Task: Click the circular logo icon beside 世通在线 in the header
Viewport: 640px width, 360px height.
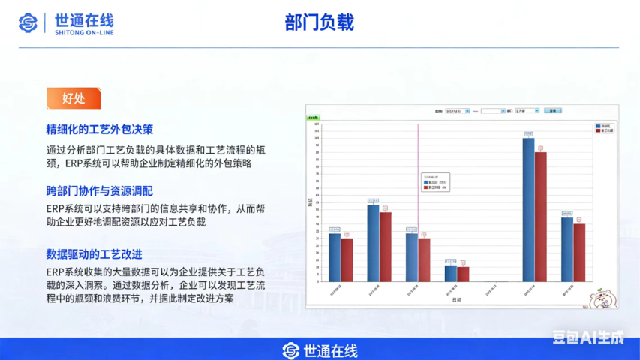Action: pyautogui.click(x=28, y=23)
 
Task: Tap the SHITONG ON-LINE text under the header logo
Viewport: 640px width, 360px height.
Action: pyautogui.click(x=84, y=31)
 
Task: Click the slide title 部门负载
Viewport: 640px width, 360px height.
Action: pyautogui.click(x=319, y=22)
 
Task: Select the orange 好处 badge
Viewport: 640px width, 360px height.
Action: pyautogui.click(x=74, y=98)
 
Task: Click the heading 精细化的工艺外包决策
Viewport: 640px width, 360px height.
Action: pyautogui.click(x=99, y=129)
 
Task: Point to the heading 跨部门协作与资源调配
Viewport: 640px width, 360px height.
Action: pyautogui.click(x=99, y=190)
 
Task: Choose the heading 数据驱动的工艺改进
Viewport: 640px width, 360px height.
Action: pyautogui.click(x=94, y=253)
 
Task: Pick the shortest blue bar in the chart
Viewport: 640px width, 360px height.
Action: pyautogui.click(x=451, y=274)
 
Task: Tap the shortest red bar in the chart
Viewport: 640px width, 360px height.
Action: pyautogui.click(x=463, y=274)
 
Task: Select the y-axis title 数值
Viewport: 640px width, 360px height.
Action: pyautogui.click(x=310, y=201)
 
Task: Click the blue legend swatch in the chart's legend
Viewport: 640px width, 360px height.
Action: pyautogui.click(x=597, y=126)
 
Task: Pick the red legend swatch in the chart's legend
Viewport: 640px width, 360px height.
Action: pyautogui.click(x=597, y=130)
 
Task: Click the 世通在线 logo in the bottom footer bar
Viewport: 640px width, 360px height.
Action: pyautogui.click(x=320, y=350)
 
